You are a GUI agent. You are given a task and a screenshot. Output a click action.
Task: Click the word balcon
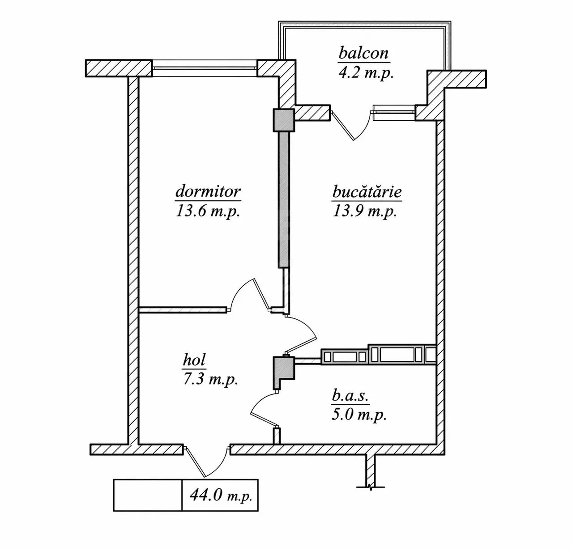(363, 53)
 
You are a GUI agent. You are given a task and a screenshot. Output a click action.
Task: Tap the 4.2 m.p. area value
(366, 74)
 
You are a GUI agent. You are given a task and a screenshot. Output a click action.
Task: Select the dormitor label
(208, 191)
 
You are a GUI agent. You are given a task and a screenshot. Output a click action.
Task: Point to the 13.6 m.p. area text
(208, 212)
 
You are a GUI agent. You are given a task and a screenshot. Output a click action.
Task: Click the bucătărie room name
(367, 192)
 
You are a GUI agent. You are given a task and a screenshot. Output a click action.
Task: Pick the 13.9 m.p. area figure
(365, 212)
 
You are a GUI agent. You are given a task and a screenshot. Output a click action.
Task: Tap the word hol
(194, 360)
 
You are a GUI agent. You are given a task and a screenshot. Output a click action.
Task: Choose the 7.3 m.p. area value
(210, 379)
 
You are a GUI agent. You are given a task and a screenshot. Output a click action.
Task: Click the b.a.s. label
(350, 397)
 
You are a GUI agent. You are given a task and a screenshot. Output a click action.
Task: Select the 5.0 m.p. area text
(359, 415)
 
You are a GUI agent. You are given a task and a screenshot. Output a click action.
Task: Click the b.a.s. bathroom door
(264, 409)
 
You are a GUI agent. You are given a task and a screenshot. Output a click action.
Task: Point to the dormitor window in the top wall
(205, 68)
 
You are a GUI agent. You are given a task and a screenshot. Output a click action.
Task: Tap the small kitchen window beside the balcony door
(394, 113)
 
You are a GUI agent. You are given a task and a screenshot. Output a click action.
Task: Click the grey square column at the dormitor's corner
(284, 120)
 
